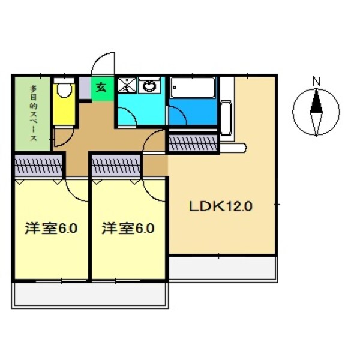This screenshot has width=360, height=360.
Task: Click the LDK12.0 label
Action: pos(221,207)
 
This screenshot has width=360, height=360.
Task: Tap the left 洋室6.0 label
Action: pos(50,229)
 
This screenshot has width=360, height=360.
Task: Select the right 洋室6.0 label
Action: pos(128,229)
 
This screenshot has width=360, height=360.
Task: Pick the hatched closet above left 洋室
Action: pos(38,163)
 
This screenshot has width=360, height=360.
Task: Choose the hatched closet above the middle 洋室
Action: pos(116,163)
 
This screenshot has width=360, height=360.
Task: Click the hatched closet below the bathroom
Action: pos(192,142)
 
